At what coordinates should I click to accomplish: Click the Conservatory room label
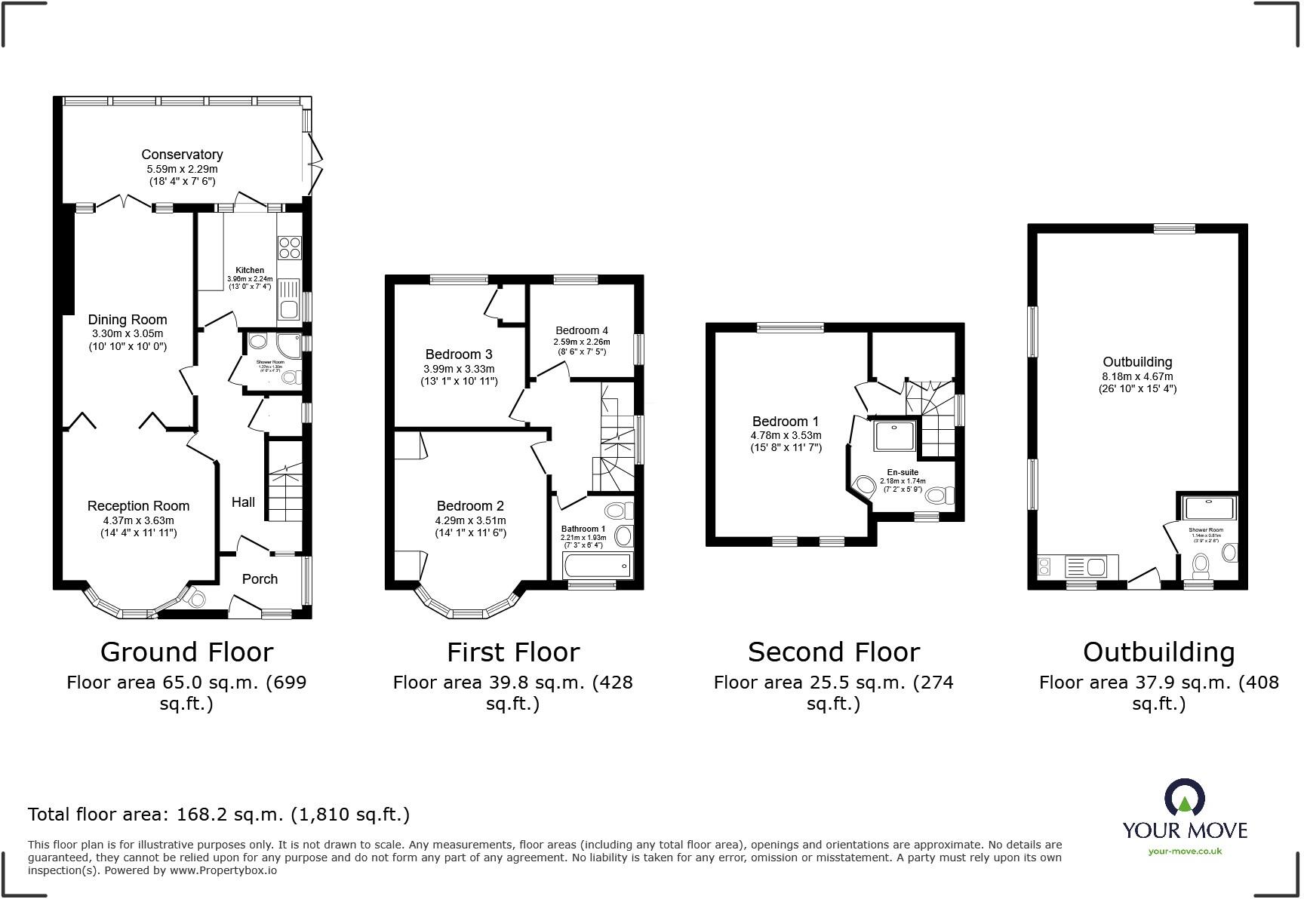pyautogui.click(x=182, y=155)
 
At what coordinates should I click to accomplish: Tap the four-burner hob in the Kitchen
pyautogui.click(x=290, y=248)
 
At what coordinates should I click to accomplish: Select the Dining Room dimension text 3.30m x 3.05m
pyautogui.click(x=127, y=333)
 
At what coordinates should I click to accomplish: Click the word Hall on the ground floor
pyautogui.click(x=243, y=502)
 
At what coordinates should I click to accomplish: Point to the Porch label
pyautogui.click(x=260, y=579)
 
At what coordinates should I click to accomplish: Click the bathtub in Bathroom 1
pyautogui.click(x=596, y=564)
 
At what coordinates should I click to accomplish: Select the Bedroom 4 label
pyautogui.click(x=581, y=330)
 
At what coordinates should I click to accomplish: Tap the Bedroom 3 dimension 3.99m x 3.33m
pyautogui.click(x=459, y=369)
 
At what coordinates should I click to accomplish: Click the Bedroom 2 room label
pyautogui.click(x=470, y=506)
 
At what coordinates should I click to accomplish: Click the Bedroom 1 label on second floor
pyautogui.click(x=785, y=422)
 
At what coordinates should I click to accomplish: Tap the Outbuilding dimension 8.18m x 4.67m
pyautogui.click(x=1137, y=376)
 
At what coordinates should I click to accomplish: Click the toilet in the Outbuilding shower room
pyautogui.click(x=1200, y=564)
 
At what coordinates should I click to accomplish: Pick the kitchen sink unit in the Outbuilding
pyautogui.click(x=1085, y=566)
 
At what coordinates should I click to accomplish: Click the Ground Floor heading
pyautogui.click(x=186, y=652)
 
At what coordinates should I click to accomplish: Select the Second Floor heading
pyautogui.click(x=833, y=652)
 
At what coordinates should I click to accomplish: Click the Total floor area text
pyautogui.click(x=219, y=815)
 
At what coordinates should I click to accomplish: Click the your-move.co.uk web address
pyautogui.click(x=1185, y=851)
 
